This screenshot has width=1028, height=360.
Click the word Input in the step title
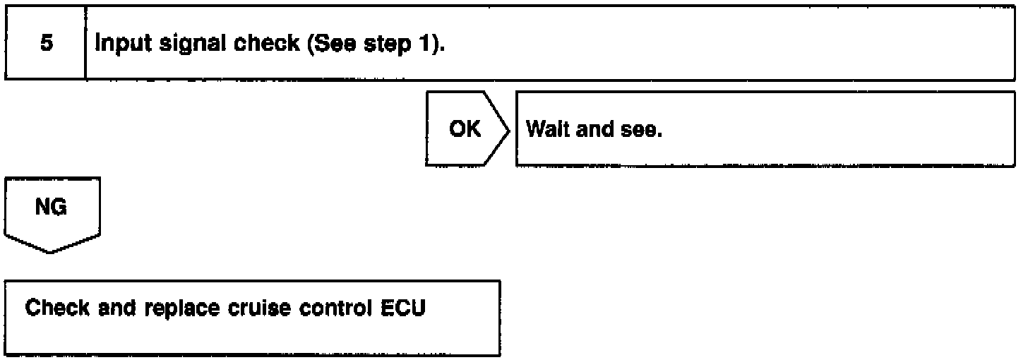(117, 43)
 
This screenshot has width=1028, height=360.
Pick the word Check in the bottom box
(54, 309)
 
